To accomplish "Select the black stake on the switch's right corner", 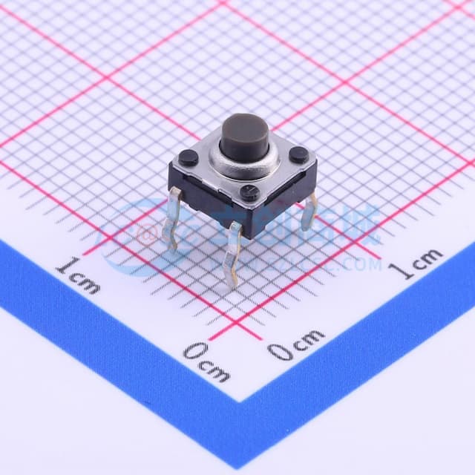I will pos(298,154).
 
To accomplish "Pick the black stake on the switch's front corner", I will pos(250,194).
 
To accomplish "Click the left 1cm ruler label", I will pos(78,274).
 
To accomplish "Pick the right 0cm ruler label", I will pos(296,344).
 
